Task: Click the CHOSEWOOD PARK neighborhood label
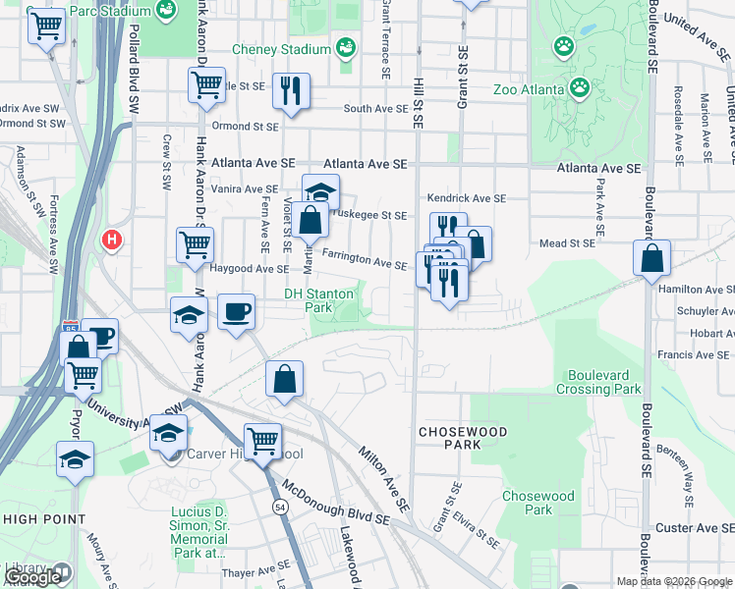(x=463, y=438)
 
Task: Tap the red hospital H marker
(x=112, y=239)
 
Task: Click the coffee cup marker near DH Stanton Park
(x=235, y=313)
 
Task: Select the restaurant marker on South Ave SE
(x=290, y=91)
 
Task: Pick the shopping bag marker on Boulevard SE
(x=651, y=260)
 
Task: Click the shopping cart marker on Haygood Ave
(x=195, y=244)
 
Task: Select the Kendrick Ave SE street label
(x=467, y=198)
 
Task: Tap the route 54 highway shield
(x=280, y=506)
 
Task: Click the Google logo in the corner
(x=32, y=577)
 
